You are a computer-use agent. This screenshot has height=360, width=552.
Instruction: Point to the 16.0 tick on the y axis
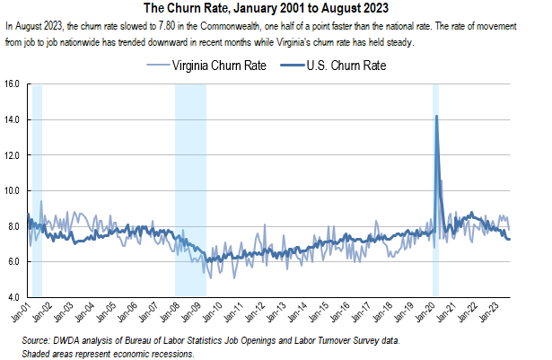pyautogui.click(x=12, y=84)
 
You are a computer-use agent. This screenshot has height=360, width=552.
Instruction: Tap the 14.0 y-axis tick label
pyautogui.click(x=12, y=119)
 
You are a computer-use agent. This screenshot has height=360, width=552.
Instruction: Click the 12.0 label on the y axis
pyautogui.click(x=12, y=155)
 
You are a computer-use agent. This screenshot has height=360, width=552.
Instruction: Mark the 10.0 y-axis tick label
pyautogui.click(x=12, y=190)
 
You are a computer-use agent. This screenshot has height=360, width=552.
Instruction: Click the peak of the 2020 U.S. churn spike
pyautogui.click(x=436, y=117)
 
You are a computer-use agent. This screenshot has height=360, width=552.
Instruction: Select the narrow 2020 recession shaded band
pyautogui.click(x=436, y=224)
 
